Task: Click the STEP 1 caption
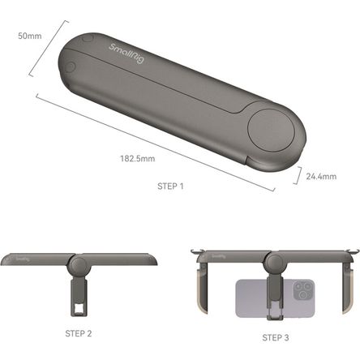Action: [x=170, y=186]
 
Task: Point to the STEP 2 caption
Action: [x=78, y=332]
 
